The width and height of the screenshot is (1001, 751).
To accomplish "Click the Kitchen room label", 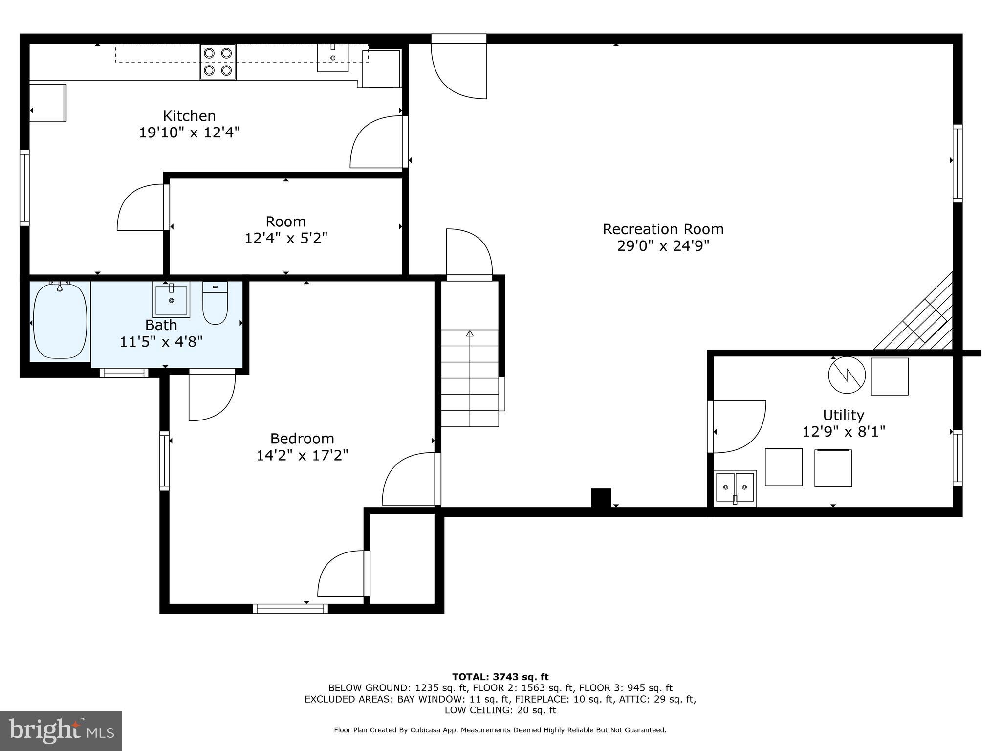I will (189, 116).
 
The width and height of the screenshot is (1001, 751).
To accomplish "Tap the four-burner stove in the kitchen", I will (218, 62).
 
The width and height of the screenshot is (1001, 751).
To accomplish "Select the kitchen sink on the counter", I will (333, 58).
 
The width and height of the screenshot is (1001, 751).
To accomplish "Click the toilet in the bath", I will (215, 303).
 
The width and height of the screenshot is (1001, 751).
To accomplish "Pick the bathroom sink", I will (171, 299).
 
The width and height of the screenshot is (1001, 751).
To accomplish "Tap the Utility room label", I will (843, 415).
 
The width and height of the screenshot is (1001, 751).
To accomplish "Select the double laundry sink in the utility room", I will (735, 488).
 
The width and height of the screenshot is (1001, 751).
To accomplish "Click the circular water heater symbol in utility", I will (847, 375).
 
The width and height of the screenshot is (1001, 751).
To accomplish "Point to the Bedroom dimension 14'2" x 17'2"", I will (302, 456).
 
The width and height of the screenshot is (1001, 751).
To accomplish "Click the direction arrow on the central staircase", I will (470, 334).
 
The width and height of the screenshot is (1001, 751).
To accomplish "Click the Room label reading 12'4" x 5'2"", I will (286, 230).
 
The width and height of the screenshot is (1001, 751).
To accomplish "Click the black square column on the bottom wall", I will (601, 498).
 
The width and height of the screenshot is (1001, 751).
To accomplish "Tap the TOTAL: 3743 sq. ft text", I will (500, 677).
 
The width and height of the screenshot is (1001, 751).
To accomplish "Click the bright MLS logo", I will (61, 730).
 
